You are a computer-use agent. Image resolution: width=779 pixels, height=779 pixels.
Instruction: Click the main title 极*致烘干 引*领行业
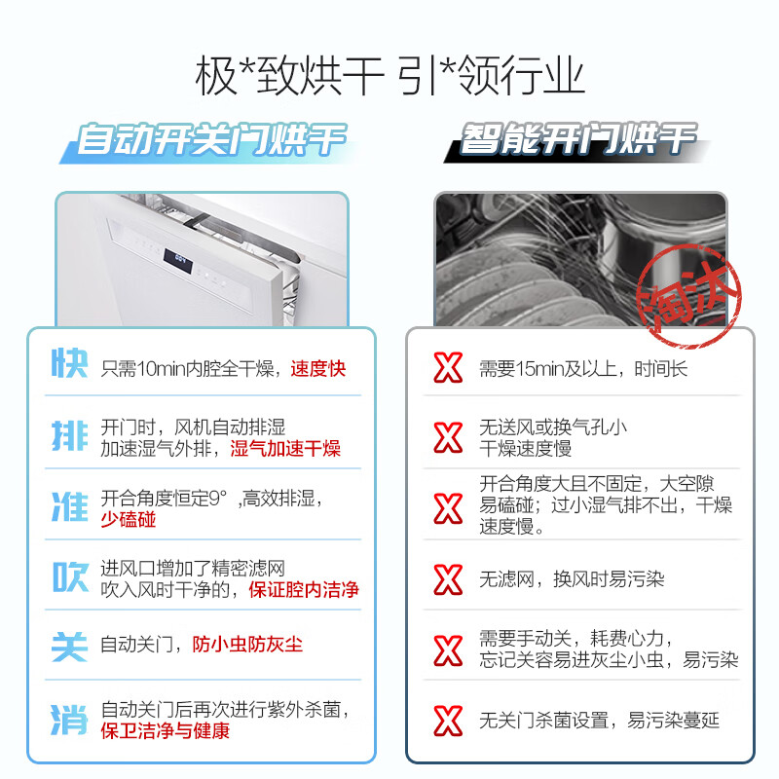point(389,76)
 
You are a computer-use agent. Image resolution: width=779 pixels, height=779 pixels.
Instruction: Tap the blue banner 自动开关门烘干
point(208,142)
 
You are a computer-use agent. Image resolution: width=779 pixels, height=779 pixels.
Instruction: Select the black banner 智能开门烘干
point(576,141)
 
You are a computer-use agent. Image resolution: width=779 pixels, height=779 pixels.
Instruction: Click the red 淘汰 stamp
point(688,296)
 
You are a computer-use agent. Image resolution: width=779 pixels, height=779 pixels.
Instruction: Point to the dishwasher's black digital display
point(178,260)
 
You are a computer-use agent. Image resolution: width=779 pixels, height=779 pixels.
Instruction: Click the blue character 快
point(69,363)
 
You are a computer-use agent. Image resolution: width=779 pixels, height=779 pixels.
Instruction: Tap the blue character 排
point(69,436)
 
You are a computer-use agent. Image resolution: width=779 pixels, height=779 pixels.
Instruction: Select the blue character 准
point(69,506)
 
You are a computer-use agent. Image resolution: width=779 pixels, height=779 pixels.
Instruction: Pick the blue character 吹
point(70,577)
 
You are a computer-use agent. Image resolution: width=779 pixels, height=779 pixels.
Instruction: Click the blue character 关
point(69,647)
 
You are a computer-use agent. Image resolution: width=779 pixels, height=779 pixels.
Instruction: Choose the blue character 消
point(69,720)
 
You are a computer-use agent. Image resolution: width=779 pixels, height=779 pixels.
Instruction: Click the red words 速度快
point(318,369)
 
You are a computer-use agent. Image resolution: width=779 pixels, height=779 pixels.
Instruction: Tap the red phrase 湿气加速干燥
point(285,449)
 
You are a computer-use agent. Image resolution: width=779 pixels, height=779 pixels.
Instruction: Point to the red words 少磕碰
point(129,520)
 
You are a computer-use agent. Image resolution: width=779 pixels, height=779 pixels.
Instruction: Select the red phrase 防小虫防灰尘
point(247,645)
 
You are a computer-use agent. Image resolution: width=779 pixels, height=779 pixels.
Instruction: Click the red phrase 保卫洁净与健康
point(166,731)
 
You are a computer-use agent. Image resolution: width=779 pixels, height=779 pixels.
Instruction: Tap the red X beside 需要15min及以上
point(448,368)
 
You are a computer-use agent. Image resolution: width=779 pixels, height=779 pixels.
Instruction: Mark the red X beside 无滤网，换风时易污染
point(448,579)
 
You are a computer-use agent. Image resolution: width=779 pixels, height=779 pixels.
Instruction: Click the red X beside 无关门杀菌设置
point(448,721)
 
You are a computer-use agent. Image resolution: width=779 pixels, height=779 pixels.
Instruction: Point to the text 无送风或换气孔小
point(553,427)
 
